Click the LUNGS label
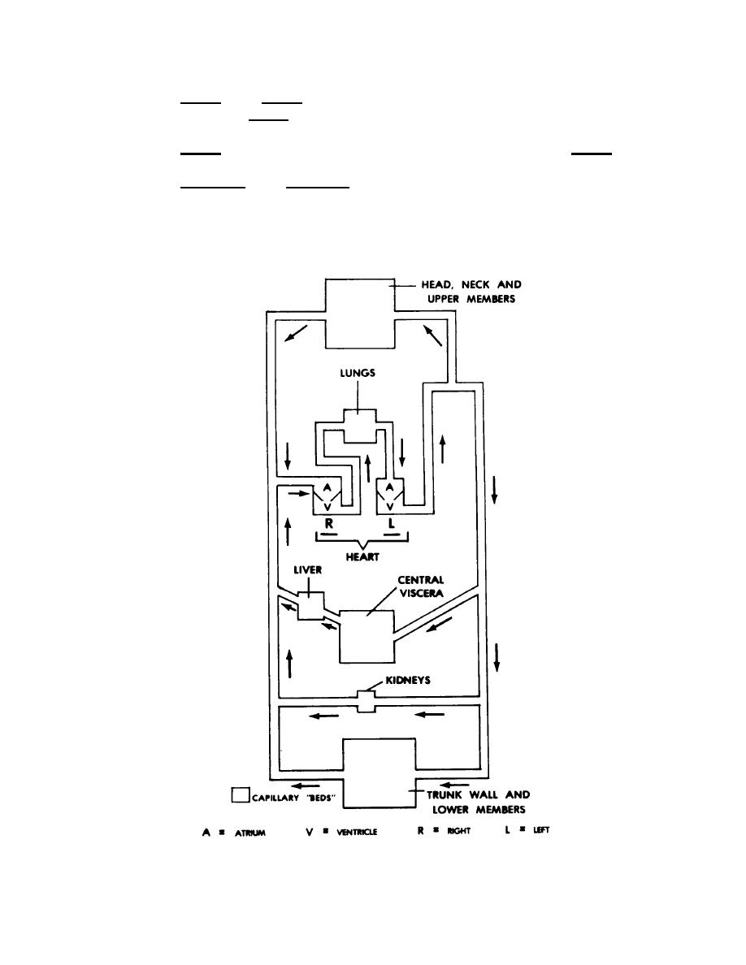point(358,373)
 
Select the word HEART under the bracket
point(362,557)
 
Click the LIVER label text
point(308,570)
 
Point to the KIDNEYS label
point(408,680)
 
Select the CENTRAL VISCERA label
point(421,586)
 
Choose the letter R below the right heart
point(329,524)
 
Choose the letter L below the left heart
point(392,524)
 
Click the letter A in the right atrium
point(327,487)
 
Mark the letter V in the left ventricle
point(389,507)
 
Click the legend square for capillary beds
point(240,794)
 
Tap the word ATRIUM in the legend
point(250,833)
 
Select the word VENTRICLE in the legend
point(357,832)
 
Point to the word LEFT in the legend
point(542,830)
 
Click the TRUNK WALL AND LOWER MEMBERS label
point(479,802)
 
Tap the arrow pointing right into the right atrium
point(298,494)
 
